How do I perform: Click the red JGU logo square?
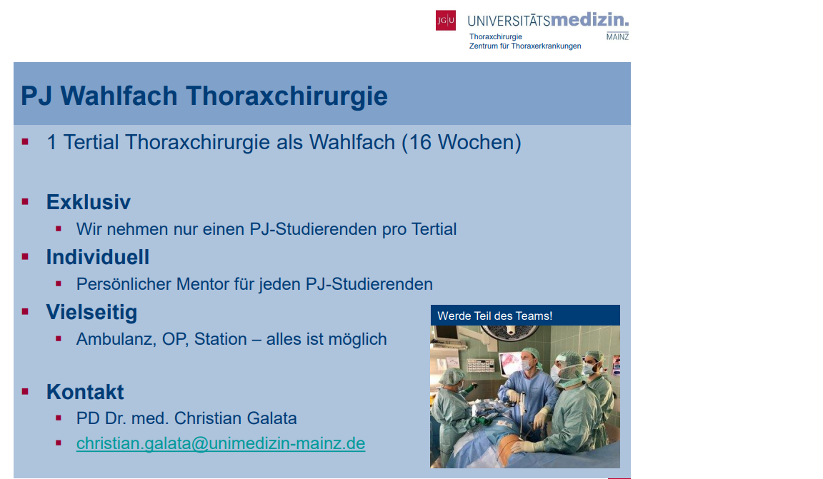tap(446, 21)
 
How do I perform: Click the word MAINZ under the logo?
tap(617, 36)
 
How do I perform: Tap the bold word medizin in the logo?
tap(589, 19)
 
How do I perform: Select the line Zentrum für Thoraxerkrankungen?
tap(525, 46)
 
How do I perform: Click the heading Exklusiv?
tap(88, 202)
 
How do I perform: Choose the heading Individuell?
tap(98, 257)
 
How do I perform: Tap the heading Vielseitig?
tap(92, 312)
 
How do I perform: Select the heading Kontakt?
tap(85, 392)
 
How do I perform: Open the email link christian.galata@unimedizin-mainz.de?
tap(221, 443)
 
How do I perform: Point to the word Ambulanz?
tap(116, 339)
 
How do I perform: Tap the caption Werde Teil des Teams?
tap(495, 316)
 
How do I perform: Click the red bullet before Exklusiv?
tap(25, 201)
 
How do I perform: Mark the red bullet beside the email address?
tap(59, 443)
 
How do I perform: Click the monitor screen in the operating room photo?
tap(511, 363)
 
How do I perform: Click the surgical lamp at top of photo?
tap(510, 331)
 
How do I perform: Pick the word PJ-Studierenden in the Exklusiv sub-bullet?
tap(313, 229)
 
